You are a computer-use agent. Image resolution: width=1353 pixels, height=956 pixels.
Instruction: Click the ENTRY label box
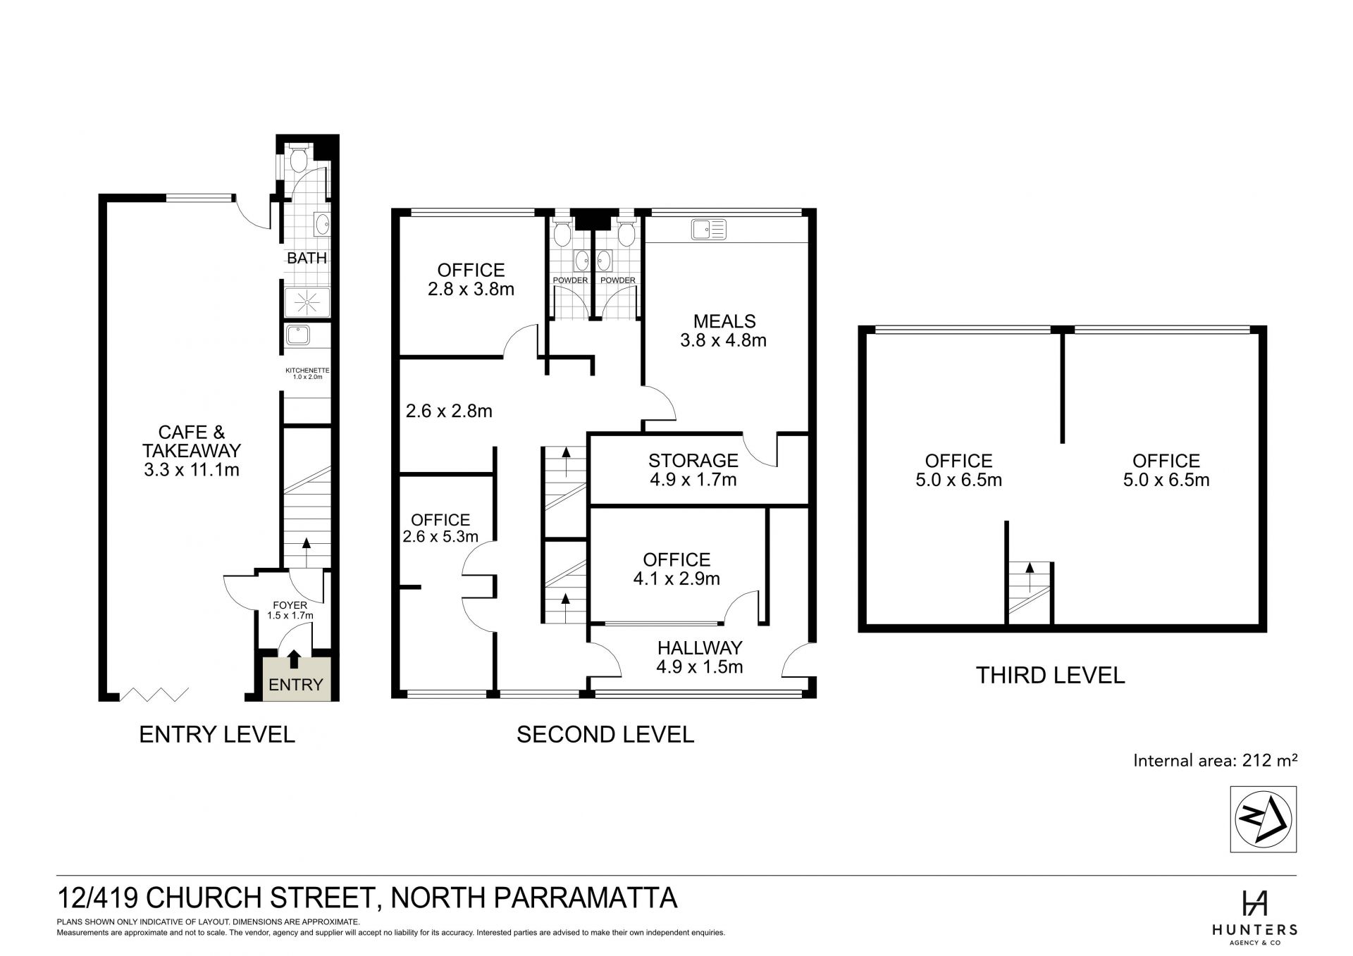click(x=296, y=679)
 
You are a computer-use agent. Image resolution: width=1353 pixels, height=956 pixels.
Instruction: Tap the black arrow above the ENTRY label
click(x=295, y=659)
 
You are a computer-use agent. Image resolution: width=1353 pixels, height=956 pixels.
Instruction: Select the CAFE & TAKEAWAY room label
click(x=192, y=451)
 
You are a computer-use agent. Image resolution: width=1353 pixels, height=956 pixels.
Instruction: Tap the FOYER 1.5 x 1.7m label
click(x=290, y=610)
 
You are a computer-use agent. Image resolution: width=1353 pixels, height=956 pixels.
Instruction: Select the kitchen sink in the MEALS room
click(x=708, y=229)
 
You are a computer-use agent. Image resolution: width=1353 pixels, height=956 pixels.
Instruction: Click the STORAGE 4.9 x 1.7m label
click(x=693, y=470)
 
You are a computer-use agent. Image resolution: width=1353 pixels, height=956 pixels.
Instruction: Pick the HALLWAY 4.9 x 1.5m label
click(x=700, y=657)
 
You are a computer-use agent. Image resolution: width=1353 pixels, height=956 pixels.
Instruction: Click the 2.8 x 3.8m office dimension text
click(x=471, y=289)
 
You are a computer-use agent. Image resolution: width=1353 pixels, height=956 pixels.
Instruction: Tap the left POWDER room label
click(x=570, y=280)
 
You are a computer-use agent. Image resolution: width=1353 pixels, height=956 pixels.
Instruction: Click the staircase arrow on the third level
click(x=1030, y=577)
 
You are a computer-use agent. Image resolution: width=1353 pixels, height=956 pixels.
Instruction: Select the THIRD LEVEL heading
click(x=1050, y=675)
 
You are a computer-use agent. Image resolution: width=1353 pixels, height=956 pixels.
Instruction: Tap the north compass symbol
click(x=1264, y=819)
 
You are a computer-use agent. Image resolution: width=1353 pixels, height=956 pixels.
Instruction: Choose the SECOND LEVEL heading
click(x=605, y=735)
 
